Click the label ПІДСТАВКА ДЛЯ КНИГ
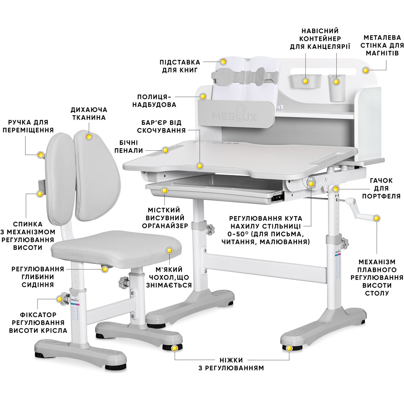pos(180,66)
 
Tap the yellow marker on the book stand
pos(223,61)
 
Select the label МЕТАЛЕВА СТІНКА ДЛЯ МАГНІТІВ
pos(382,45)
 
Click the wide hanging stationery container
pos(306,81)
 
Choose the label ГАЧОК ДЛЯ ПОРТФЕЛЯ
pos(381,188)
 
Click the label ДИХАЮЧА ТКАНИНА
pos(89,114)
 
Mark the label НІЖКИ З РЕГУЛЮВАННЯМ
pos(231,364)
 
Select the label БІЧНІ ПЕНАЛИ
pos(128,146)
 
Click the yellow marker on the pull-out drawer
pos(164,191)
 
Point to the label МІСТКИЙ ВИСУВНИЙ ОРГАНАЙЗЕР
pos(165,218)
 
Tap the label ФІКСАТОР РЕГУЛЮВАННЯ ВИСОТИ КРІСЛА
pos(38,322)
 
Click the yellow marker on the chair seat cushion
pos(169,250)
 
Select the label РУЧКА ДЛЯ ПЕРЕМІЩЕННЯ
pos(28,126)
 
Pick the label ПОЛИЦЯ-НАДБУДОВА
pos(154,101)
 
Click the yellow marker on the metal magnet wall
pos(366,70)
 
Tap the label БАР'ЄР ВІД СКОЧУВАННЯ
pos(161,126)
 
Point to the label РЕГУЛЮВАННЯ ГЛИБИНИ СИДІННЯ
pos(38,277)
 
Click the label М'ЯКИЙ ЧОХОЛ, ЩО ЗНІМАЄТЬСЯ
pos(169,277)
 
